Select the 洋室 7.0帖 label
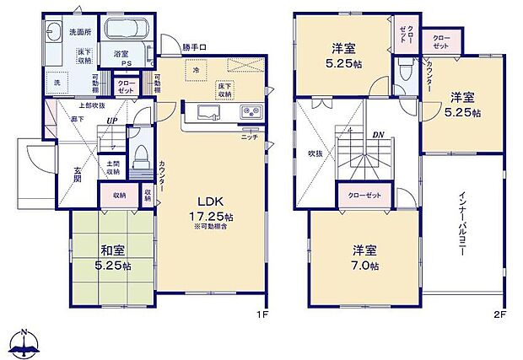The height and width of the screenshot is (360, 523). coord(365,258)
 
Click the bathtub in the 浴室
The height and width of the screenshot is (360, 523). coord(126,35)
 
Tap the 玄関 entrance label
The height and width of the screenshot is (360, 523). coord(78,175)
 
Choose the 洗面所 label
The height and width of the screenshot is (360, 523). coord(80,32)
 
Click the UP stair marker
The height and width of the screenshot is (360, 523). coord(111,121)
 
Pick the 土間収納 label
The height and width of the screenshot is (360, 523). coord(111,165)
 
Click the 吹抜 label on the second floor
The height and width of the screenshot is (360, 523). coord(315,154)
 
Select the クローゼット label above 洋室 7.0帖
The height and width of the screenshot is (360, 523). coord(364,196)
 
